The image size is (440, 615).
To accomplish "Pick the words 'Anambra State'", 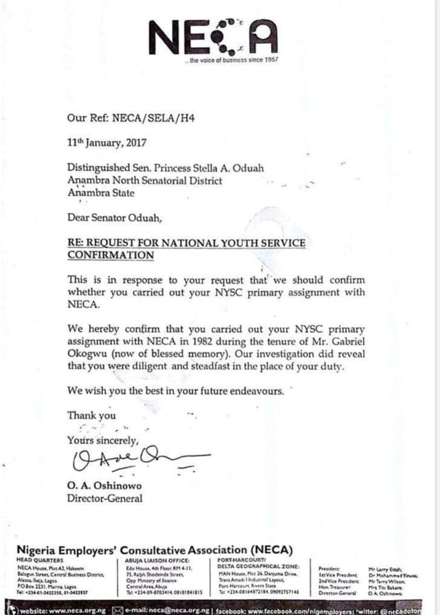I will pyautogui.click(x=99, y=192).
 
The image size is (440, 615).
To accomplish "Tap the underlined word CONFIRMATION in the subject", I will pyautogui.click(x=110, y=254).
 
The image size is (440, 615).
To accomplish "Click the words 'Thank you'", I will pyautogui.click(x=91, y=415).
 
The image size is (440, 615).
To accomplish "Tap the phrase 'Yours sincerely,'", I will pyautogui.click(x=102, y=440).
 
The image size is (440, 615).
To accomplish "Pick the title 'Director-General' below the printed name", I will pyautogui.click(x=104, y=498).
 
